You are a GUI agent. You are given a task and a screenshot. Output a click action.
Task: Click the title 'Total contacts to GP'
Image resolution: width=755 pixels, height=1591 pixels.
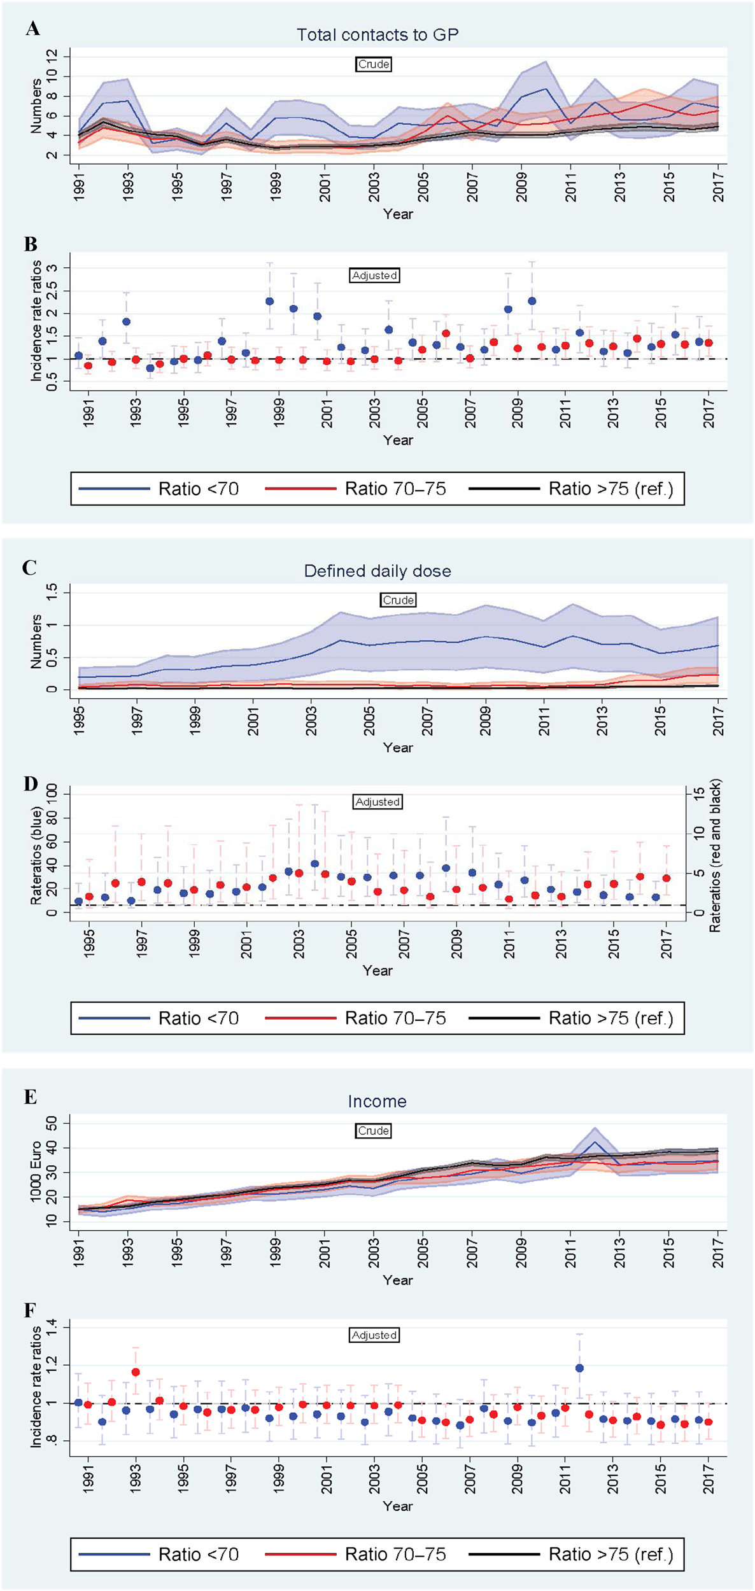[x=377, y=35]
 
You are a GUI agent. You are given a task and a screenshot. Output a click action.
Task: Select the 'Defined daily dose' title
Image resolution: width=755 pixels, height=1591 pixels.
[x=377, y=571]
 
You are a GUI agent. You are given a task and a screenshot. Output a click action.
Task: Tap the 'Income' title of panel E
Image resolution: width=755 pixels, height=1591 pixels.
[x=377, y=1102]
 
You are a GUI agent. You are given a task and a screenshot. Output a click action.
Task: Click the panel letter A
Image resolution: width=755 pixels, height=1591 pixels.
[x=32, y=29]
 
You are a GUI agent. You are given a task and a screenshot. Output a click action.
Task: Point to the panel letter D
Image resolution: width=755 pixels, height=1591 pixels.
[x=31, y=783]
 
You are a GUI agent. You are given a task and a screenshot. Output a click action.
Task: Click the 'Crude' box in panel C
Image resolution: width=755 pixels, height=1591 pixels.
[x=399, y=600]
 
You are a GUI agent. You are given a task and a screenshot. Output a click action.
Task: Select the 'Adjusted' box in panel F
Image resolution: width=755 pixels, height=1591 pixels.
[x=374, y=1335]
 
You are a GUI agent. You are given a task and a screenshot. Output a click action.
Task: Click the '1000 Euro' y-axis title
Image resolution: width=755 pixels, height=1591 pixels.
[x=36, y=1172]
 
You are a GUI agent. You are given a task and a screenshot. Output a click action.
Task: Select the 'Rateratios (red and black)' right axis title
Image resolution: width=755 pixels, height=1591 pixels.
[x=716, y=856]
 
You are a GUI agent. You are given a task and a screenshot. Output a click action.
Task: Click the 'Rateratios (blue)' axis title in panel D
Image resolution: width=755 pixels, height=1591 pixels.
[x=36, y=856]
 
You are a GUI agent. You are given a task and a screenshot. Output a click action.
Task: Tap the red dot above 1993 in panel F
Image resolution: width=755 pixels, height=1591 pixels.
[x=136, y=1373]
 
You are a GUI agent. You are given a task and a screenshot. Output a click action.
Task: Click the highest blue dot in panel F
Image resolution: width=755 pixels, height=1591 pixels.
[x=579, y=1368]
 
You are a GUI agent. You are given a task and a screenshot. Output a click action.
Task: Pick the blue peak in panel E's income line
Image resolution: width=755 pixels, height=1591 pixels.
[x=595, y=1142]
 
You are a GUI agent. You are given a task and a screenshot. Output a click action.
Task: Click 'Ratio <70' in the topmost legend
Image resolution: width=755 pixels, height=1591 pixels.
[x=199, y=489]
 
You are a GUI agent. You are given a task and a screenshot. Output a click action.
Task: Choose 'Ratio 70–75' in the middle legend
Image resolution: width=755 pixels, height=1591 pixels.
[x=395, y=1018]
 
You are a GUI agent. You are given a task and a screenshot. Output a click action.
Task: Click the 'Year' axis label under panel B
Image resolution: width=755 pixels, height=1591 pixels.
[x=398, y=440]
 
